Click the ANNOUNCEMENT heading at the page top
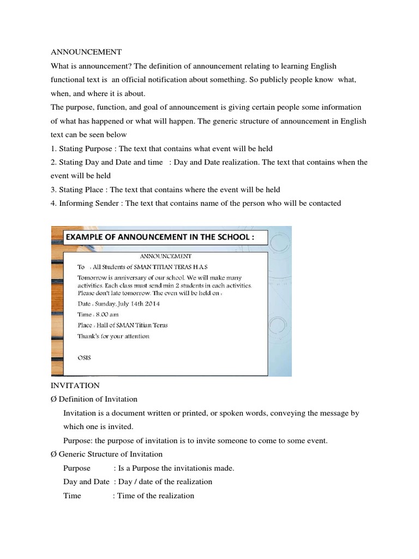click(86, 52)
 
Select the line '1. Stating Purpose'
click(161, 148)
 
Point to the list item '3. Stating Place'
click(165, 189)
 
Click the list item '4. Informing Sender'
click(196, 203)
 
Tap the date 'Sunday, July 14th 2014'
click(126, 304)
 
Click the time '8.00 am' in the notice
click(106, 314)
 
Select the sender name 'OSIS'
click(85, 358)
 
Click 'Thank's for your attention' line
click(113, 336)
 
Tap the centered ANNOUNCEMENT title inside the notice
click(165, 255)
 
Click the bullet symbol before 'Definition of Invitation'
click(53, 399)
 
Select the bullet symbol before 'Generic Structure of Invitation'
click(53, 454)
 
